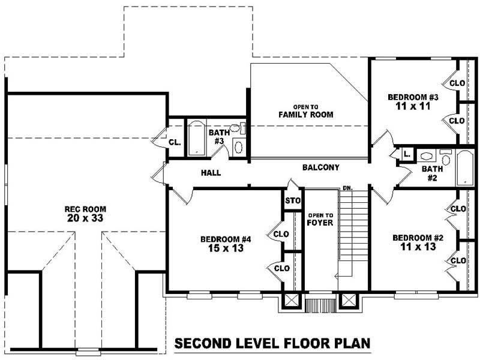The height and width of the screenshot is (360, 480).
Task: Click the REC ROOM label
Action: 85,209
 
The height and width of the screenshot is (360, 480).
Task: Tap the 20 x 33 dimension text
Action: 85,219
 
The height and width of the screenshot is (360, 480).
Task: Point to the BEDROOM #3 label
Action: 413,97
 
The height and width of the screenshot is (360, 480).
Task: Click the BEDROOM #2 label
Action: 418,238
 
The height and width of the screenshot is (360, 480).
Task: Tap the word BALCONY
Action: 321,168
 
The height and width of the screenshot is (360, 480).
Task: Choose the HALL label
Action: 211,173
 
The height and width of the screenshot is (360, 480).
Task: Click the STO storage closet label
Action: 292,200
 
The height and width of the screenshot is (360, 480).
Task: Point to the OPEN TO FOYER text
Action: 316,219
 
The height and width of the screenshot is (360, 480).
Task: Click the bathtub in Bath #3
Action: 197,139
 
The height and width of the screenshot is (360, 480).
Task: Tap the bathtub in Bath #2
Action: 466,168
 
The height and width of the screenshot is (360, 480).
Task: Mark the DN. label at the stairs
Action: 347,188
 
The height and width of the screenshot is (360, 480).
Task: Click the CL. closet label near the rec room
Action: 174,143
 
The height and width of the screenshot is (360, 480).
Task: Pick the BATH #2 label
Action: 432,173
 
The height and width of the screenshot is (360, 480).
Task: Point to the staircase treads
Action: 353,228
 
